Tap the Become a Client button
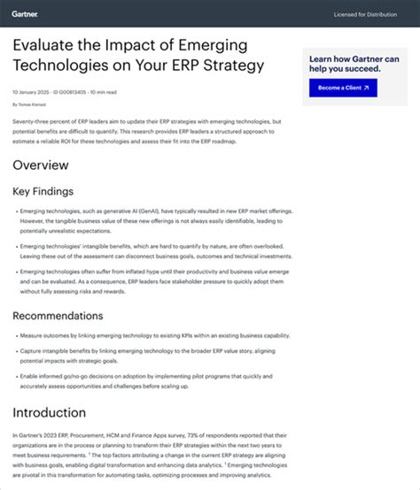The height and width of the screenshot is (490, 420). [343, 88]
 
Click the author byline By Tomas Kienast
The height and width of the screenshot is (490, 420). [34, 104]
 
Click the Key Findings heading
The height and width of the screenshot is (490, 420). [43, 191]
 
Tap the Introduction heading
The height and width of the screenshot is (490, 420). [50, 413]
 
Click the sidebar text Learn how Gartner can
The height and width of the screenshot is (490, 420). [354, 59]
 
